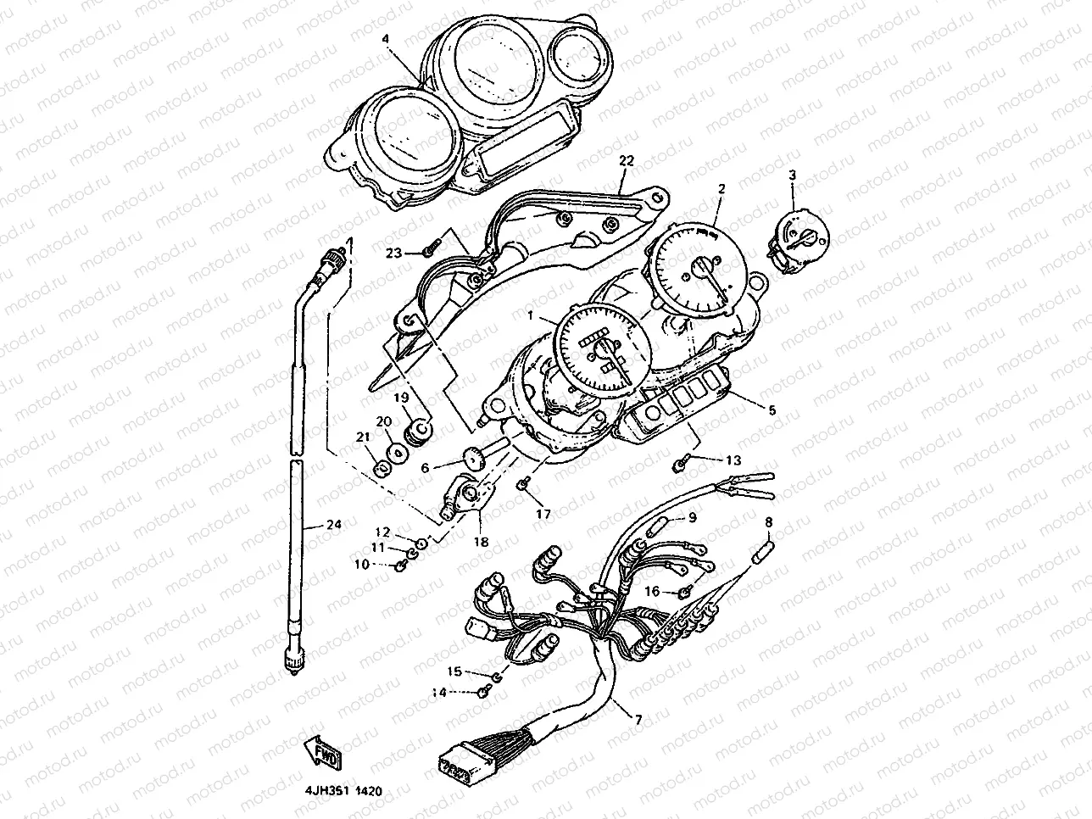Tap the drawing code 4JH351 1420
click(x=343, y=790)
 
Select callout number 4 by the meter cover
click(x=386, y=39)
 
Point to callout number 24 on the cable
click(x=334, y=526)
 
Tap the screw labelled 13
click(x=680, y=463)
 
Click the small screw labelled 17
click(x=523, y=484)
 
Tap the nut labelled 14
click(x=484, y=692)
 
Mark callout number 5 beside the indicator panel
click(x=771, y=409)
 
